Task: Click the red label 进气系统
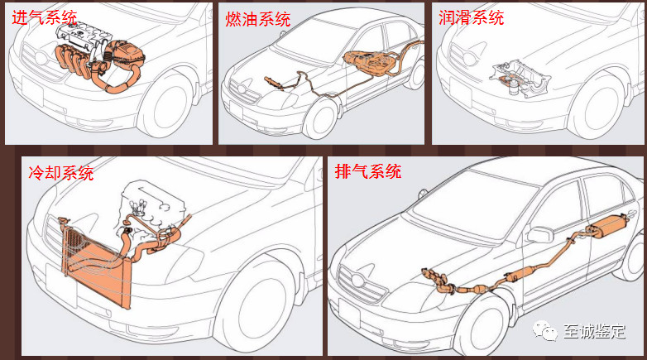pyautogui.click(x=44, y=17)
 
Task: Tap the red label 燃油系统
pyautogui.click(x=258, y=19)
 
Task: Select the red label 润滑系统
pyautogui.click(x=472, y=17)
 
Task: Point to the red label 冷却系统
pyautogui.click(x=61, y=173)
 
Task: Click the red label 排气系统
pyautogui.click(x=368, y=171)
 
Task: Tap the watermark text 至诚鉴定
pyautogui.click(x=595, y=332)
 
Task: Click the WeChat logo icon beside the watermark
pyautogui.click(x=544, y=330)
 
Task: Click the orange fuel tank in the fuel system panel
pyautogui.click(x=368, y=63)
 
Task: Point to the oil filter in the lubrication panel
pyautogui.click(x=514, y=87)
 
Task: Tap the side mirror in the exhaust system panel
pyautogui.click(x=540, y=234)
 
